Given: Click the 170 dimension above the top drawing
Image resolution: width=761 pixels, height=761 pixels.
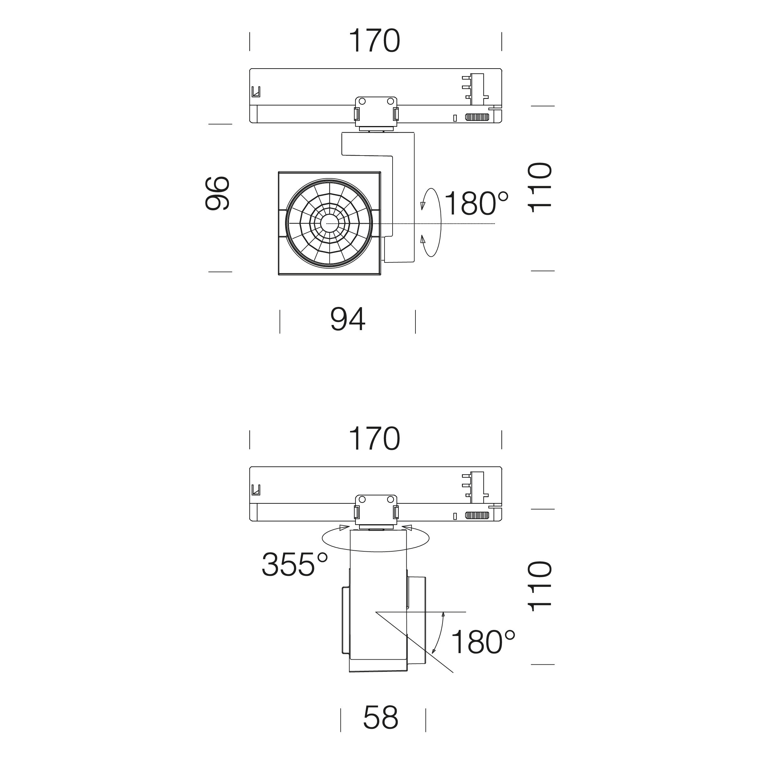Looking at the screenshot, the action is (x=375, y=41).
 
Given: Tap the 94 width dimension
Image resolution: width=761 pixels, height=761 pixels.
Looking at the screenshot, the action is (x=348, y=319).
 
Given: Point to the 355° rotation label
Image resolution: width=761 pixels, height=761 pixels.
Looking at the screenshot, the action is (x=295, y=564).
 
